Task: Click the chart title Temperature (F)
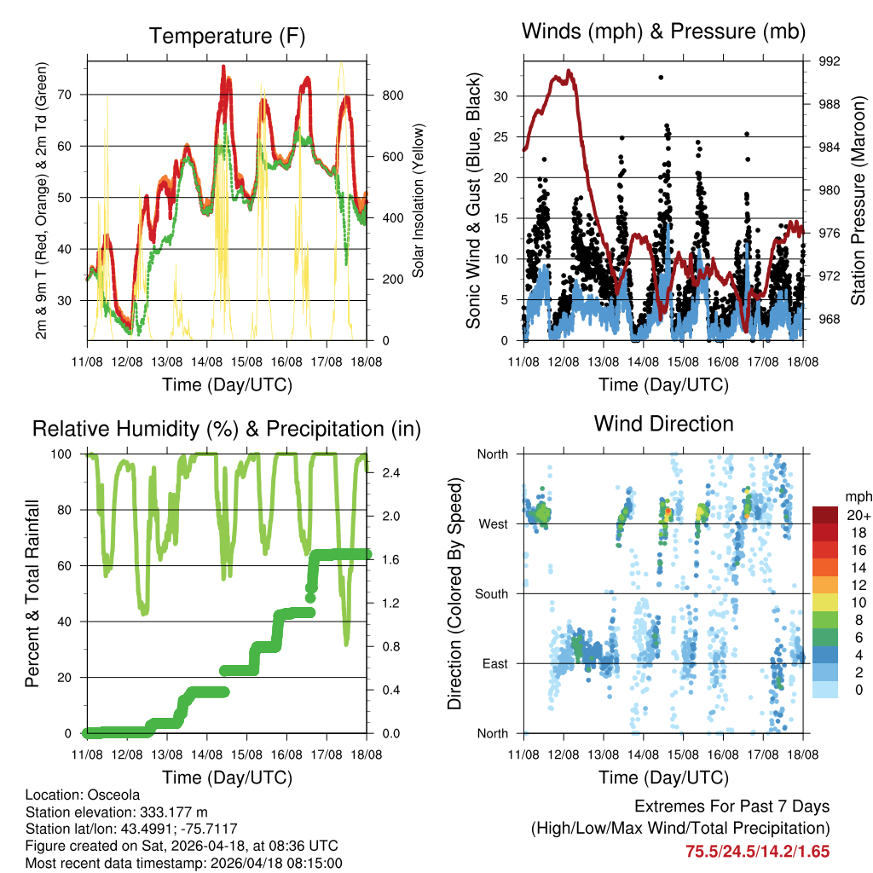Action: (226, 36)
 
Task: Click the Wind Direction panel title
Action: (663, 423)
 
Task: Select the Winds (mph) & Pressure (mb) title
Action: (663, 32)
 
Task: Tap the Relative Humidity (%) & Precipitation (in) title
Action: (226, 428)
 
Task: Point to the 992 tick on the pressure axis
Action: (830, 61)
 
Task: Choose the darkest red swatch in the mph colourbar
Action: (825, 515)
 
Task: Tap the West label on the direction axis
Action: (493, 523)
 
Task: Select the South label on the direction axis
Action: (492, 593)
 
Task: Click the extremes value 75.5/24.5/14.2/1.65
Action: (757, 851)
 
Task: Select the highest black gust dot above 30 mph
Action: (661, 78)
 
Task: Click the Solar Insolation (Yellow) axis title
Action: (419, 201)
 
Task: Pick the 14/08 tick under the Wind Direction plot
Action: (644, 754)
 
